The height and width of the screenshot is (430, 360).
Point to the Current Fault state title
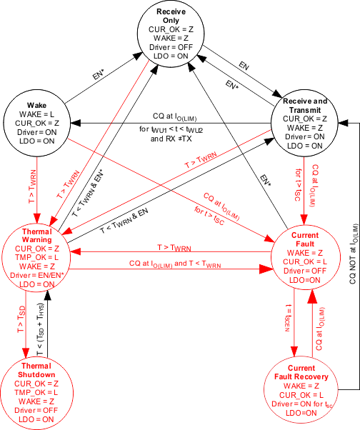click(309, 239)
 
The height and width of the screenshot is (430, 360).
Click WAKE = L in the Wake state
click(36, 114)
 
